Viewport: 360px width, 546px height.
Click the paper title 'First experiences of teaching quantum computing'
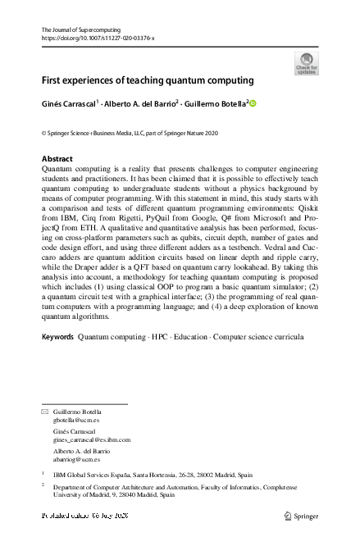[x=148, y=80]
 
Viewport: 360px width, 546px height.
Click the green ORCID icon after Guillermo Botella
[x=253, y=103]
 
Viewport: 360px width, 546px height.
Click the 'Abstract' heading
[x=57, y=159]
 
